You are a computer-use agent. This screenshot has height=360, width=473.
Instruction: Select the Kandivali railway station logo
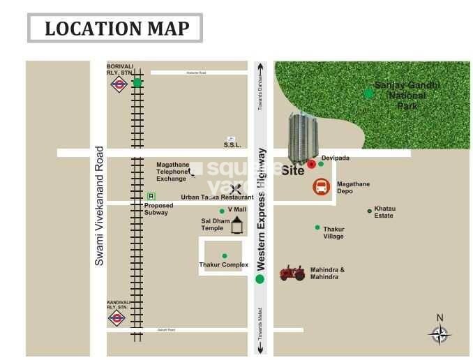[117, 318]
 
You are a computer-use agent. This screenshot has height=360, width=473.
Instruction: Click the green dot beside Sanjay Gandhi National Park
[368, 92]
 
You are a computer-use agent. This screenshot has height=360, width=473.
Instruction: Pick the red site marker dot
[311, 165]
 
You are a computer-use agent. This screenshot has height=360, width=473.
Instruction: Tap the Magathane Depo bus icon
[322, 187]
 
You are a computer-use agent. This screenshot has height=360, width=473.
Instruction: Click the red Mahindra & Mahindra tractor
[292, 273]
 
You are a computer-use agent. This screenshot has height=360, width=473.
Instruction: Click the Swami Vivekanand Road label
[99, 205]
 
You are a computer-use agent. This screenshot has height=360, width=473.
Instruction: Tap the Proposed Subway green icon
[149, 197]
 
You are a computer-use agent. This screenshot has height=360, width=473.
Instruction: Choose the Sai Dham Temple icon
[238, 224]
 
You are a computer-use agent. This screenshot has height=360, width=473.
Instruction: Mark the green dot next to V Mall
[223, 211]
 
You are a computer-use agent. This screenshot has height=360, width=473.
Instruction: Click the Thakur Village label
[333, 232]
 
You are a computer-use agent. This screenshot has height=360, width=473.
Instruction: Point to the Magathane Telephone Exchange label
[172, 172]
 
